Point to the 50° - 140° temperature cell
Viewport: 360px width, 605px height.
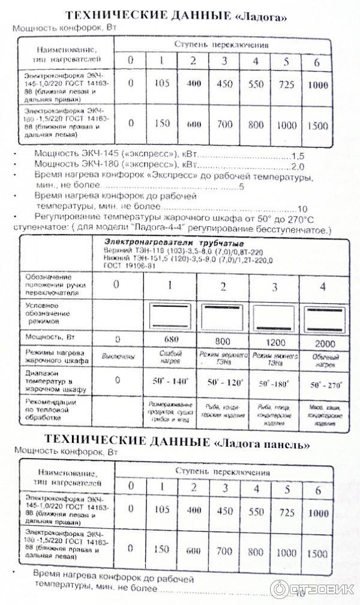pyautogui.click(x=170, y=381)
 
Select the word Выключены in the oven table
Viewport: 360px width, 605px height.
pyautogui.click(x=117, y=359)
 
